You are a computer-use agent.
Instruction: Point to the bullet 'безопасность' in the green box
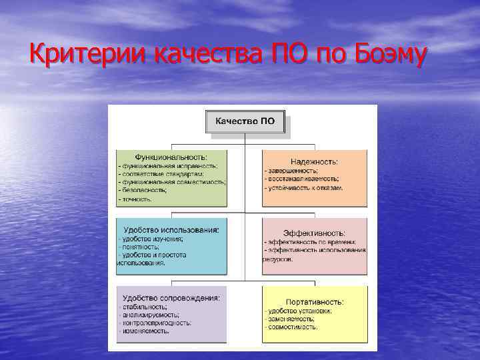(x=143, y=190)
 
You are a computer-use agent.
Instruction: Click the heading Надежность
(x=314, y=161)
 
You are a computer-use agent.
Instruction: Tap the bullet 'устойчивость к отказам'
(x=304, y=188)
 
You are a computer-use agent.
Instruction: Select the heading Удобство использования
(x=171, y=229)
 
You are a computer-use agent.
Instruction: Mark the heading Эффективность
(x=314, y=233)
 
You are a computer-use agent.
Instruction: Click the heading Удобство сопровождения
(x=171, y=297)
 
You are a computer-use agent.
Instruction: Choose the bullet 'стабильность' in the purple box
(x=143, y=307)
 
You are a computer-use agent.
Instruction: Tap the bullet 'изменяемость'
(x=143, y=331)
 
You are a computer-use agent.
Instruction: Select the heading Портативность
(x=314, y=301)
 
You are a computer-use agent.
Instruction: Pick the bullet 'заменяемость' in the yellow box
(x=291, y=319)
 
